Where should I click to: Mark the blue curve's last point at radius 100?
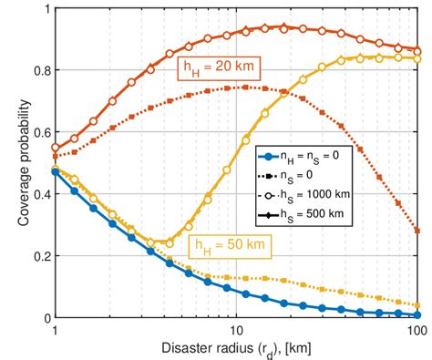417,314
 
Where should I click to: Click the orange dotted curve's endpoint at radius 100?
417,231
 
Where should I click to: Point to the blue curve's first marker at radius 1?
56,171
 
